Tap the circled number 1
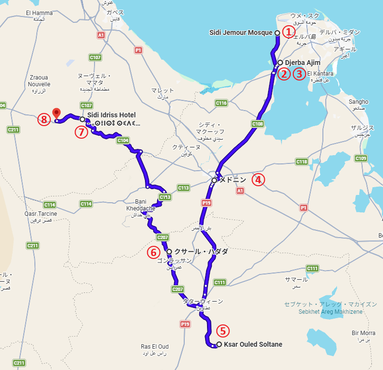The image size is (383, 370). (289, 32)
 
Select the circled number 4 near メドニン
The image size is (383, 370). (258, 180)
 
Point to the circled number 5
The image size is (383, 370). (223, 331)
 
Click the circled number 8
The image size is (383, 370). (44, 119)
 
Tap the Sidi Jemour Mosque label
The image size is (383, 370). (241, 32)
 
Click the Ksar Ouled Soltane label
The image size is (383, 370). (253, 345)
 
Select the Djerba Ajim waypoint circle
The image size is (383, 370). (280, 63)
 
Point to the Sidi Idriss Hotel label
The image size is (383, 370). (111, 115)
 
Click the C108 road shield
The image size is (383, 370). (257, 124)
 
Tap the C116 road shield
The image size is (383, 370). (221, 103)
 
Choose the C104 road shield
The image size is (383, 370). (123, 140)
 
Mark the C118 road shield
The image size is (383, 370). (302, 161)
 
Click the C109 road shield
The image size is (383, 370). (360, 158)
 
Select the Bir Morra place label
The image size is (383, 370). (363, 333)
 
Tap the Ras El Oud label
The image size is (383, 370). (155, 347)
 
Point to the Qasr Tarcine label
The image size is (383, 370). (40, 213)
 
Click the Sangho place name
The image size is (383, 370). (358, 102)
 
